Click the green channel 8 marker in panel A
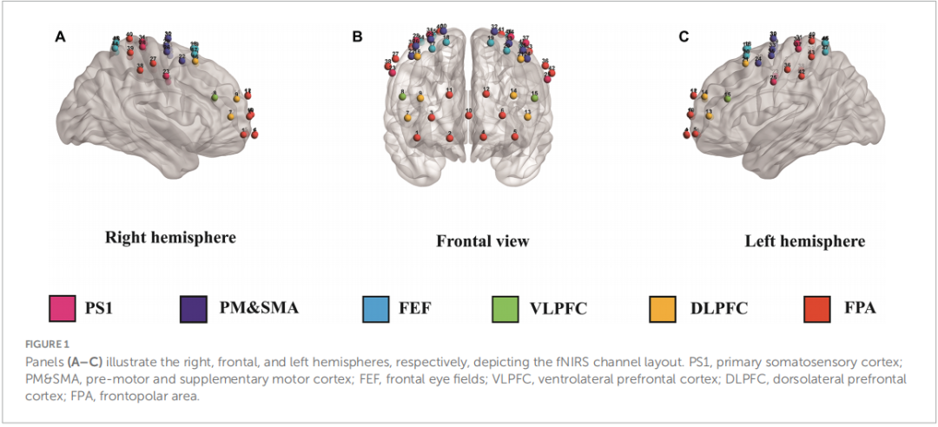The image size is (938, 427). (215, 97)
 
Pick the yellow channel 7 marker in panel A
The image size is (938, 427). (231, 115)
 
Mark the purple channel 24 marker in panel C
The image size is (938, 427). (758, 62)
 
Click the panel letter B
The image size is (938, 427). (357, 36)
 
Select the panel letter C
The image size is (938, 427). (684, 36)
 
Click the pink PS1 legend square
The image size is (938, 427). (58, 308)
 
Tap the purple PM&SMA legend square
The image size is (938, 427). (193, 308)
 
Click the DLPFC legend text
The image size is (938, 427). (716, 308)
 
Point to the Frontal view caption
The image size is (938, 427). (482, 240)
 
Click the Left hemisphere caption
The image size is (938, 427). (804, 240)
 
